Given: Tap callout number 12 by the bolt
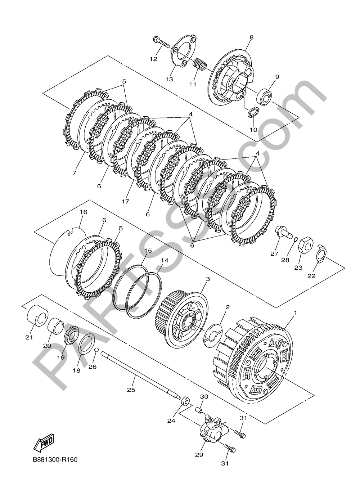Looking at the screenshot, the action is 153,59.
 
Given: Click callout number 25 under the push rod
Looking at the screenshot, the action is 131,390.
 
